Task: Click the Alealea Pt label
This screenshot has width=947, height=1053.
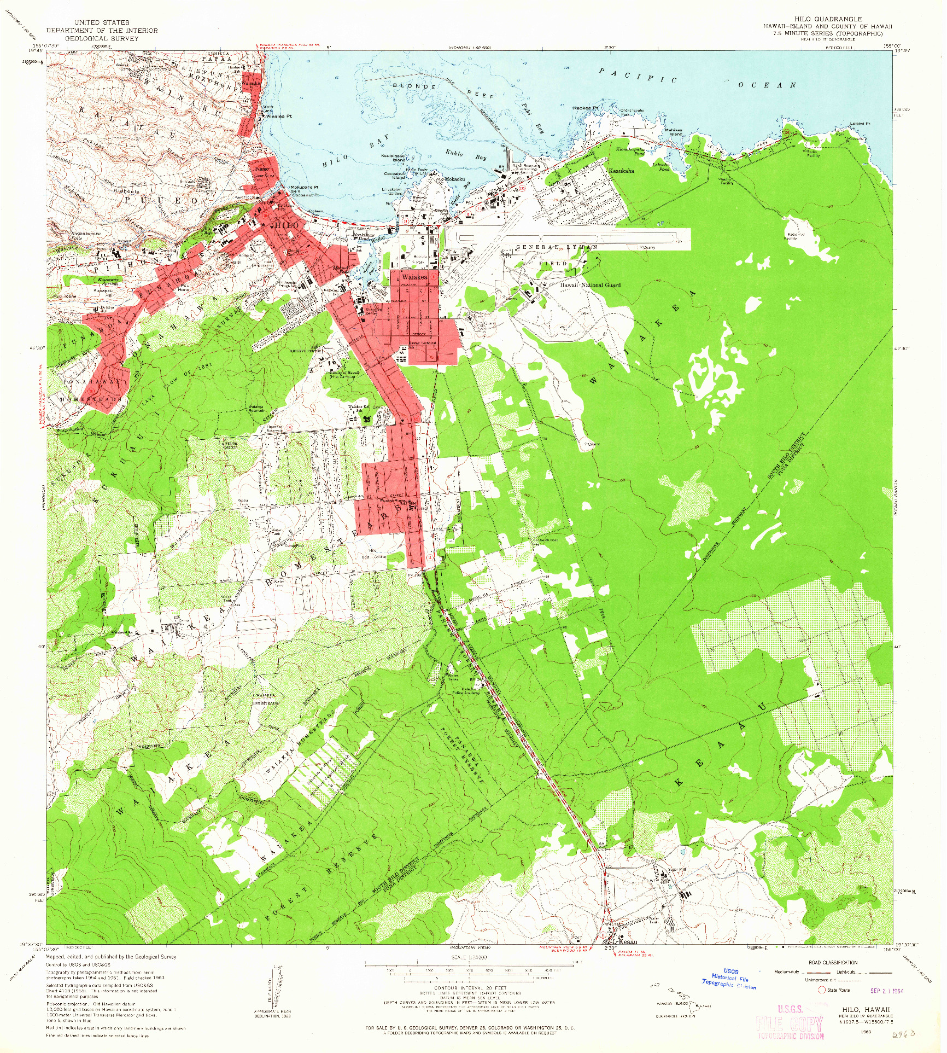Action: click(x=279, y=117)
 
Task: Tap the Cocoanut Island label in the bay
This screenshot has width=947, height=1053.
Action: click(x=394, y=175)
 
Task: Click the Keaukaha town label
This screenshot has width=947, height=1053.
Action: click(x=621, y=171)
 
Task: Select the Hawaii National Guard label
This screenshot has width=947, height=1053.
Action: click(x=590, y=285)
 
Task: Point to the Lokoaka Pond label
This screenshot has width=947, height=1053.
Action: click(x=661, y=166)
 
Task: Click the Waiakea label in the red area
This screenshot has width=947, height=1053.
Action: click(x=414, y=277)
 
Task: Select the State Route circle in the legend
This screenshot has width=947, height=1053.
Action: click(x=821, y=990)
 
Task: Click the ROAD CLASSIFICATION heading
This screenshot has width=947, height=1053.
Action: click(x=832, y=962)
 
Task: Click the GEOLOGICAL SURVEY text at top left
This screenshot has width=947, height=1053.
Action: click(x=102, y=38)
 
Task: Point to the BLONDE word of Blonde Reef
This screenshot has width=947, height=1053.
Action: click(x=414, y=86)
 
